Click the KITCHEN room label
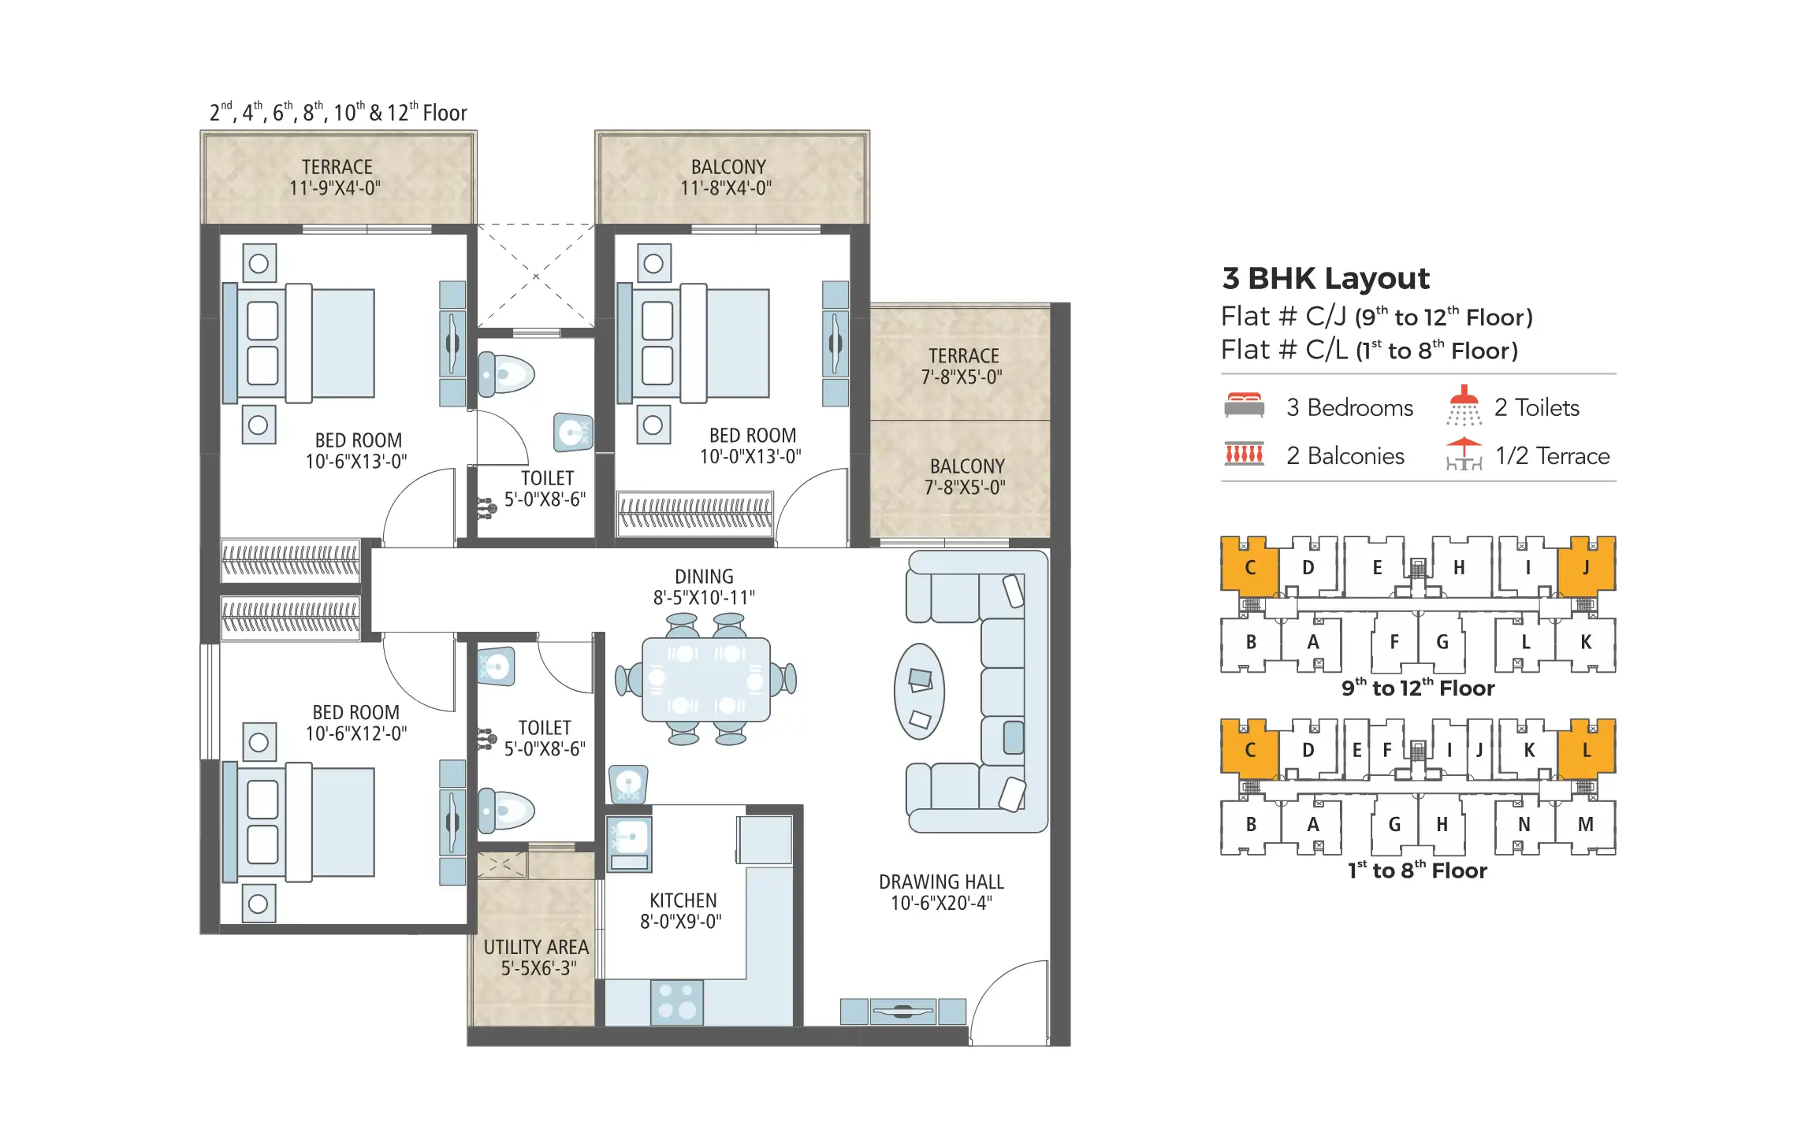coord(683,900)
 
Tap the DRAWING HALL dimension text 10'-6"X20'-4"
coord(941,904)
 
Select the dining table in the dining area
coord(705,680)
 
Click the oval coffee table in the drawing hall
coord(919,692)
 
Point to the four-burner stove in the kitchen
coord(676,1002)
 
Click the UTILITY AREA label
coord(536,947)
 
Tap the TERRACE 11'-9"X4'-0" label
coord(336,178)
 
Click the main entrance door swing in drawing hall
coord(1011,1001)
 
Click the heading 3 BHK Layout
coord(1325,279)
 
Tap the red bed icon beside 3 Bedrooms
coord(1244,406)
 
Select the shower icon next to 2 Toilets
coord(1464,405)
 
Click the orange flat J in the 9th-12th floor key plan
coord(1585,567)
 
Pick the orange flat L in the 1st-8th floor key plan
coord(1585,750)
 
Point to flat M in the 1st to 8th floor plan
coord(1585,825)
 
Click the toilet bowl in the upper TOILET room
coord(506,375)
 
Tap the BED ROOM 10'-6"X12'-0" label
coord(355,722)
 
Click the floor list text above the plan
coord(338,113)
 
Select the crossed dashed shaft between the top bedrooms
coord(535,276)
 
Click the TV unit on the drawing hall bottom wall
coord(902,1011)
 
